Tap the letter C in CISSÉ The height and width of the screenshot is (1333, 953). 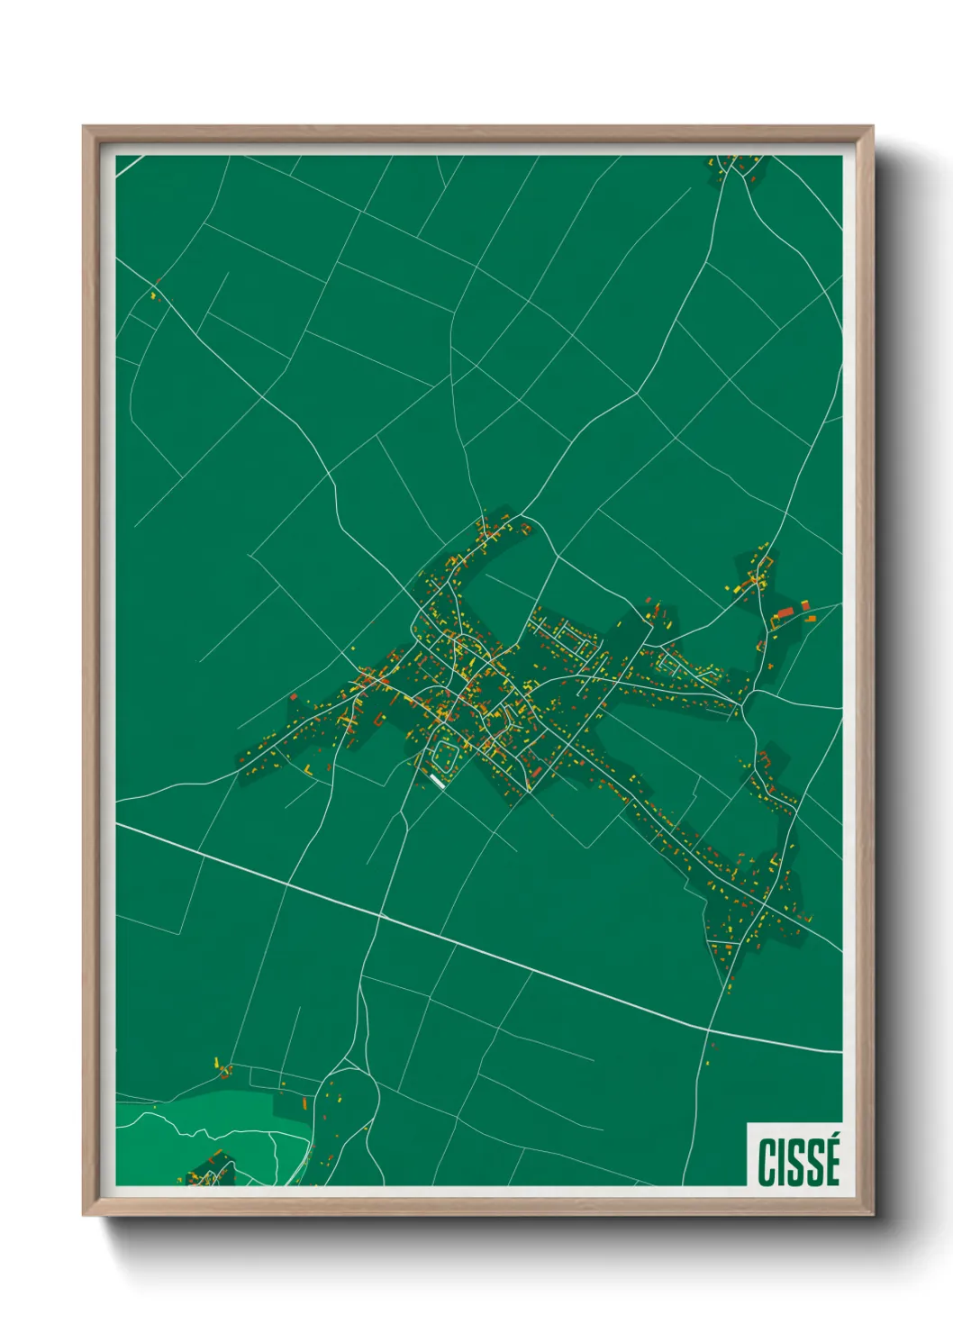pyautogui.click(x=767, y=1163)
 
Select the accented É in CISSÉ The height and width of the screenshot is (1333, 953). pyautogui.click(x=830, y=1161)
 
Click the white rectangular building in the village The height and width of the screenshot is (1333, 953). pyautogui.click(x=439, y=781)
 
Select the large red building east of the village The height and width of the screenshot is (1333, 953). pyautogui.click(x=785, y=612)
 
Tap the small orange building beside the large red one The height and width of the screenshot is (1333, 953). pyautogui.click(x=810, y=619)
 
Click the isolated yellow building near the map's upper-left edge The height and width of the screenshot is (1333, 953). pyautogui.click(x=153, y=295)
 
